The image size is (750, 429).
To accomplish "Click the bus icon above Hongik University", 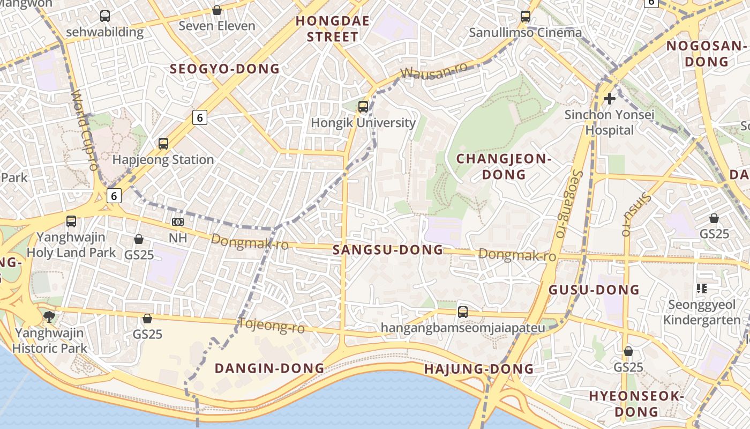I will (363, 106).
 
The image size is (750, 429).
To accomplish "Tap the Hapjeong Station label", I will (163, 160).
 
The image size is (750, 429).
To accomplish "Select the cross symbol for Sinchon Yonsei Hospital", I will (609, 99).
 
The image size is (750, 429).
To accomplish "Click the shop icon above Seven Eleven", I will (217, 10).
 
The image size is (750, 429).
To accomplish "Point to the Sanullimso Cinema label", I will (525, 33).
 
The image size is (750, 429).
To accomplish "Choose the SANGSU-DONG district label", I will (388, 250).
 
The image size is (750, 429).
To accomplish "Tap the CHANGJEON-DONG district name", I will (504, 166).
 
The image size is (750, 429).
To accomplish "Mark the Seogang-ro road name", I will (569, 203).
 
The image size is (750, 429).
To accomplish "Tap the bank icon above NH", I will (178, 221).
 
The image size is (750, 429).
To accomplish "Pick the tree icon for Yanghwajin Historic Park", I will (49, 316).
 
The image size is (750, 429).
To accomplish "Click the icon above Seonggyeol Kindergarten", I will (701, 289).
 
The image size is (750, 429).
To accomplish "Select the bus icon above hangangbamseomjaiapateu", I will (463, 312).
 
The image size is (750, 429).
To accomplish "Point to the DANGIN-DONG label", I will (269, 368).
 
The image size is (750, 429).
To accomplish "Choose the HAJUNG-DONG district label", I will (479, 369).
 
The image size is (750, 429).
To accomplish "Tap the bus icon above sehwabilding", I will (105, 16).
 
